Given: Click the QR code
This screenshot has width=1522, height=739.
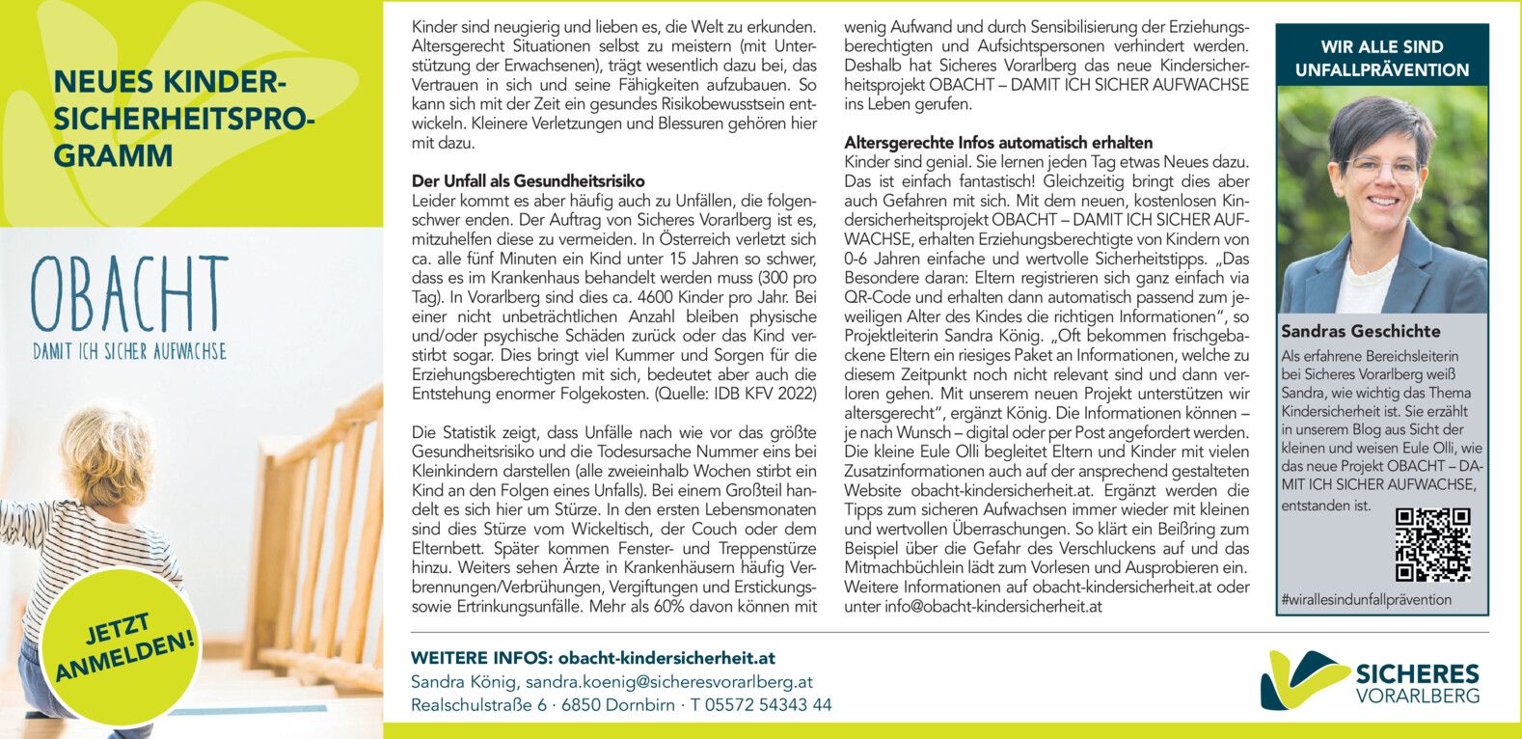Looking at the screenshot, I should (1432, 546).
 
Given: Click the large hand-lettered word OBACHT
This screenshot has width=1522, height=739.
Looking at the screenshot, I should (129, 295).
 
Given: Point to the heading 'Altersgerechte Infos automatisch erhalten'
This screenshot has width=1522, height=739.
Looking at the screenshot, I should (998, 143).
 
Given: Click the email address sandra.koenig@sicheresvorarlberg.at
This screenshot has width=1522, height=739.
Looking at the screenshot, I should (669, 682).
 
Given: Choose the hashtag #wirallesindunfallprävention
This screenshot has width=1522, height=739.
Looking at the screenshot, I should (1366, 600).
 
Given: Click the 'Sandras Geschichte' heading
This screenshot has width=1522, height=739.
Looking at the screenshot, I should (1361, 331).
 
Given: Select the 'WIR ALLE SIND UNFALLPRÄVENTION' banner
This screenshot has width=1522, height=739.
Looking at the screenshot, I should (1381, 58).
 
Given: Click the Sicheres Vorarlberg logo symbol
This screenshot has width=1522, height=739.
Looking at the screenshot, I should (1303, 678).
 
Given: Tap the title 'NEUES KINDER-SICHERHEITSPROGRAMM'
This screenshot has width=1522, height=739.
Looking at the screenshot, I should (183, 119).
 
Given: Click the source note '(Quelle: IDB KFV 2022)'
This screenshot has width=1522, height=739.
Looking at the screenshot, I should (736, 394).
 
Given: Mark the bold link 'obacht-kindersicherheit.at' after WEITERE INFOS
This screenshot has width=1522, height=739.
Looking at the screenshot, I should (666, 658).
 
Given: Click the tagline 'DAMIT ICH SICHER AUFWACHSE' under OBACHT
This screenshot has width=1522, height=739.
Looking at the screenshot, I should (129, 351).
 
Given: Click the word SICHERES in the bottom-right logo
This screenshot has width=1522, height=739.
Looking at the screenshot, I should (1417, 673).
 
